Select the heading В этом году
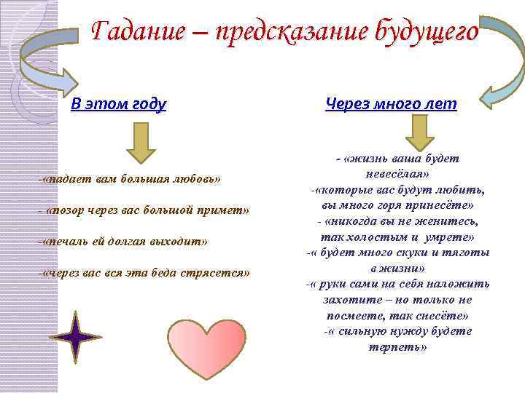coord(119,104)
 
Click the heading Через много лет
coord(391,104)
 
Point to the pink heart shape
coord(207,346)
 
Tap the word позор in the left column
coord(70,210)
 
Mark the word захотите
coord(349,299)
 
